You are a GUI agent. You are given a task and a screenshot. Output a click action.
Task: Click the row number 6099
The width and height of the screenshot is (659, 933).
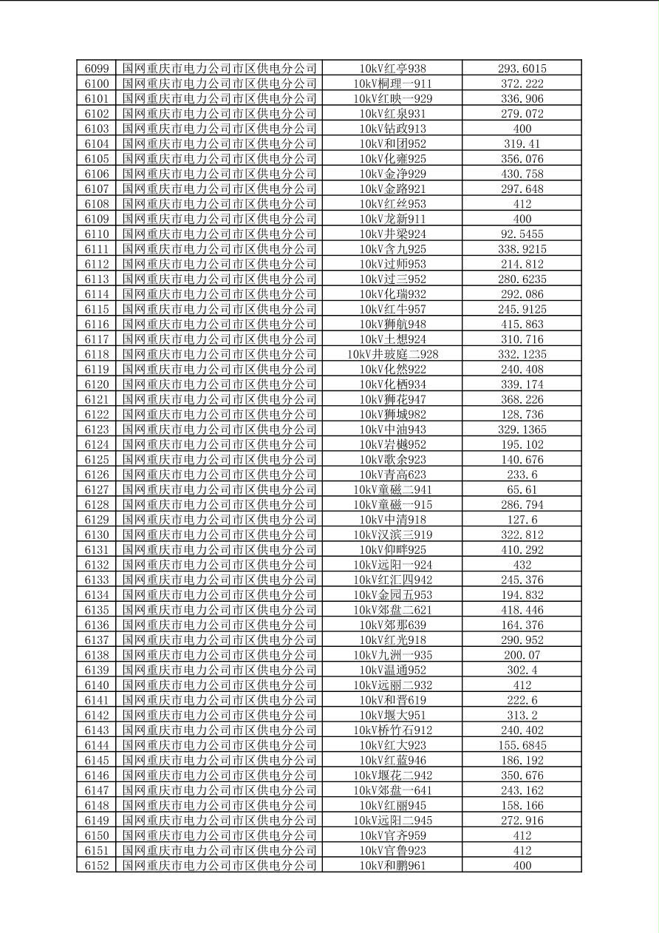pos(97,69)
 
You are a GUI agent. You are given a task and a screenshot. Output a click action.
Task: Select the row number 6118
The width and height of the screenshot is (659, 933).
pos(97,354)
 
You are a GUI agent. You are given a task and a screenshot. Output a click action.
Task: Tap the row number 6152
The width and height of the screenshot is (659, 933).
pos(97,866)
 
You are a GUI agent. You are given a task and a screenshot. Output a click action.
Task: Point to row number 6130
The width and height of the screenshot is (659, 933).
pos(97,535)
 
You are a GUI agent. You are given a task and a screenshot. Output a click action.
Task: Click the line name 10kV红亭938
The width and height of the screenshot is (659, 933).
pos(392,69)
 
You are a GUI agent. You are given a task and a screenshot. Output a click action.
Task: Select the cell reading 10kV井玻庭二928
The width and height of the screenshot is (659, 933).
pos(392,354)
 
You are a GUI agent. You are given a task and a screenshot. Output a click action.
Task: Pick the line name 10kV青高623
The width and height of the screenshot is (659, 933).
pos(392,475)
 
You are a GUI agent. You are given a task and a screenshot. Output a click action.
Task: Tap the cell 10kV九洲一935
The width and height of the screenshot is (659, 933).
pos(392,655)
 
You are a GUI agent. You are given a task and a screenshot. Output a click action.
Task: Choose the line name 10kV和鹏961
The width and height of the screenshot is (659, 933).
pos(392,866)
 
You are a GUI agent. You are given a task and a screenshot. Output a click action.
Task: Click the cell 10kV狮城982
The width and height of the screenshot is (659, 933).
pos(392,414)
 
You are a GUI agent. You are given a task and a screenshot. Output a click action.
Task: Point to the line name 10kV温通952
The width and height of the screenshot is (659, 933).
pos(392,670)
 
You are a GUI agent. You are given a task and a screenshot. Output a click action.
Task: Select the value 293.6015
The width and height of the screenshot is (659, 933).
pos(522,69)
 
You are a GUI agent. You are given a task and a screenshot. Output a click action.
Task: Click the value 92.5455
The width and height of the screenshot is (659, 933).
pos(522,234)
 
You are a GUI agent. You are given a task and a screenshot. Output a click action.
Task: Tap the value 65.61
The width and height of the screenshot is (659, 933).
pos(522,489)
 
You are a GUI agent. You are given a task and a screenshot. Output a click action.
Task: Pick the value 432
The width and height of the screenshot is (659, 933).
pos(522,565)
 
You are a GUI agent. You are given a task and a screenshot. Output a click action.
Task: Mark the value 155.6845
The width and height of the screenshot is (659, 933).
pos(522,745)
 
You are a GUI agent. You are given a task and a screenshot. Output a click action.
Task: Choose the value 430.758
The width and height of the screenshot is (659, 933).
pos(522,174)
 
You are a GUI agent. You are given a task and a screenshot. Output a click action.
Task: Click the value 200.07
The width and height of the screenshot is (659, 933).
pos(522,655)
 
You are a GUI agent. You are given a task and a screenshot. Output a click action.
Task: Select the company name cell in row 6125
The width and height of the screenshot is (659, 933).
pos(219,459)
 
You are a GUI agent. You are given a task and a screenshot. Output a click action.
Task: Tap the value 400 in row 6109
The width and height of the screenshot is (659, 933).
pos(522,219)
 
